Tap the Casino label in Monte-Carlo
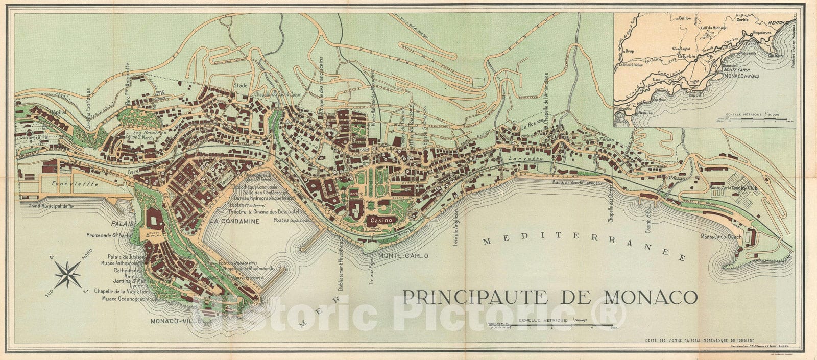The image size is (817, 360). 380,220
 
